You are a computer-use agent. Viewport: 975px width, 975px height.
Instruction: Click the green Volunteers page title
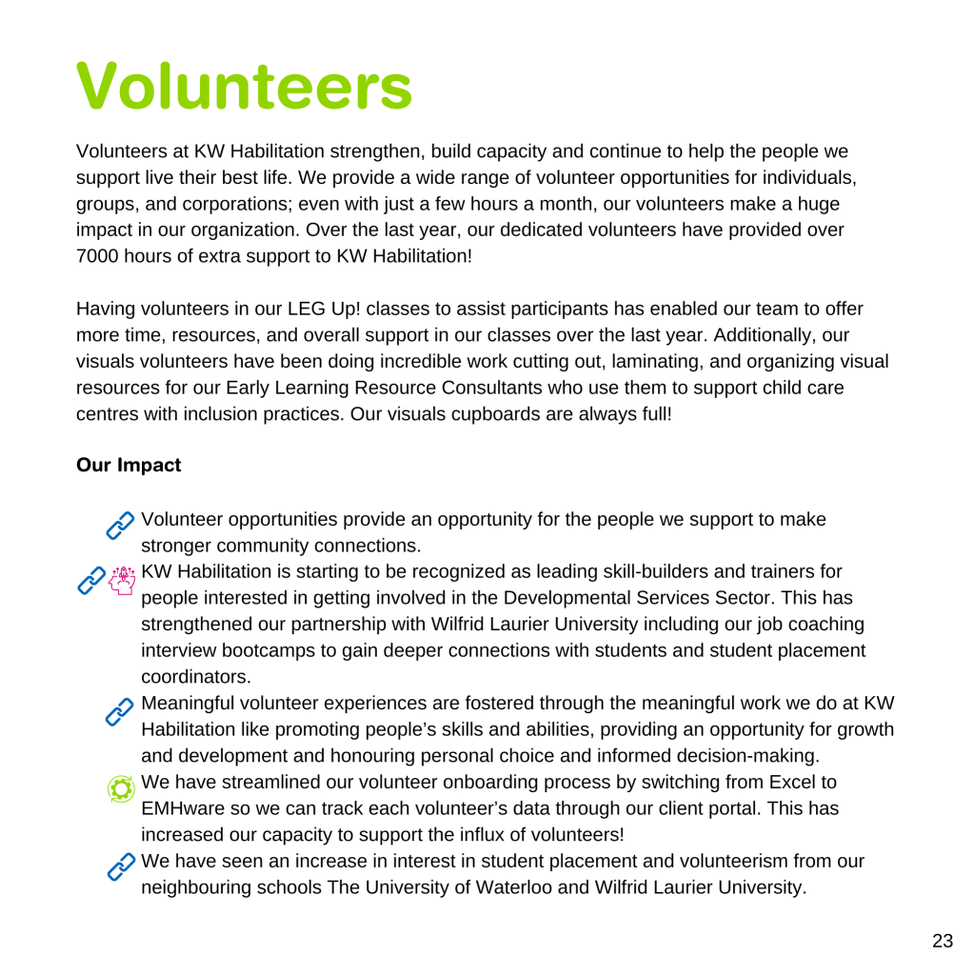244,86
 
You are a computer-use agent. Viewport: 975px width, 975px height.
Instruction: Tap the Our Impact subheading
129,466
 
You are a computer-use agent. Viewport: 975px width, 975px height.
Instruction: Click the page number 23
942,942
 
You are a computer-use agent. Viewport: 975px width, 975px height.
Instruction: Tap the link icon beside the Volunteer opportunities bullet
121,525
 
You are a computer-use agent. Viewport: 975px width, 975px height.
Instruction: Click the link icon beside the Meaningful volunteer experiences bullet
121,710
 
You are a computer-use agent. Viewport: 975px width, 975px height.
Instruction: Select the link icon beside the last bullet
121,866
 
